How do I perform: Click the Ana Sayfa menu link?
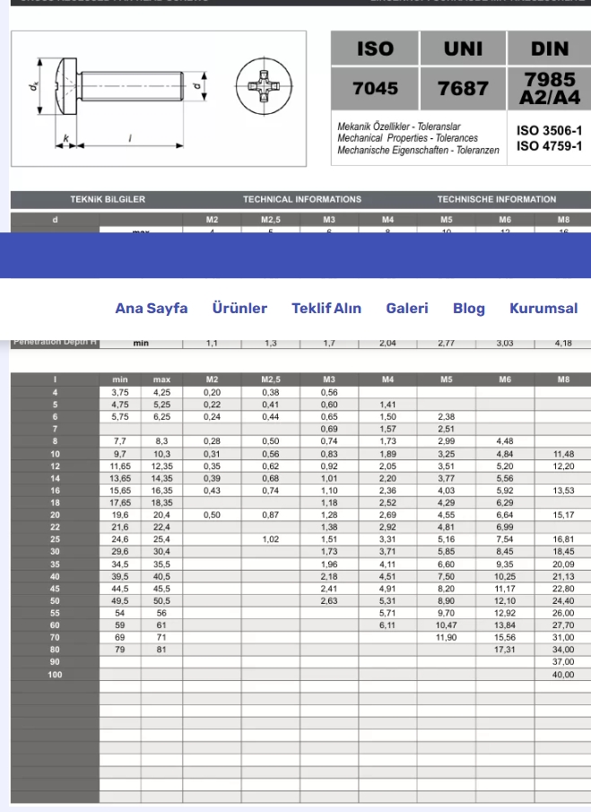pos(152,308)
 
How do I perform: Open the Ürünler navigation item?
pos(239,308)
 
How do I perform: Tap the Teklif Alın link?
pos(326,308)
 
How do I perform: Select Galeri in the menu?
pos(407,308)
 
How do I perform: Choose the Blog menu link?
pos(469,308)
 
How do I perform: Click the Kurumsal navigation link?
pos(543,308)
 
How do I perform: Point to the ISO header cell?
pos(375,48)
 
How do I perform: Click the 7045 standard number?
pos(375,89)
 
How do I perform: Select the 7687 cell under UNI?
pos(463,89)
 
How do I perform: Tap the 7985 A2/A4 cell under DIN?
pos(550,88)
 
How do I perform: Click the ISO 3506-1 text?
pos(550,130)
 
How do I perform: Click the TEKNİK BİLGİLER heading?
pos(108,199)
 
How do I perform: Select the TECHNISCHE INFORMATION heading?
pos(497,199)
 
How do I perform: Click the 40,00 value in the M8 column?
pos(563,674)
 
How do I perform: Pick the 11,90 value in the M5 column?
pos(447,636)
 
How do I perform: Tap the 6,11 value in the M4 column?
pos(387,624)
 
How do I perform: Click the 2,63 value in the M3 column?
pos(329,600)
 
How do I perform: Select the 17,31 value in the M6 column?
pos(505,649)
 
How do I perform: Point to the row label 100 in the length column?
pos(55,674)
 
